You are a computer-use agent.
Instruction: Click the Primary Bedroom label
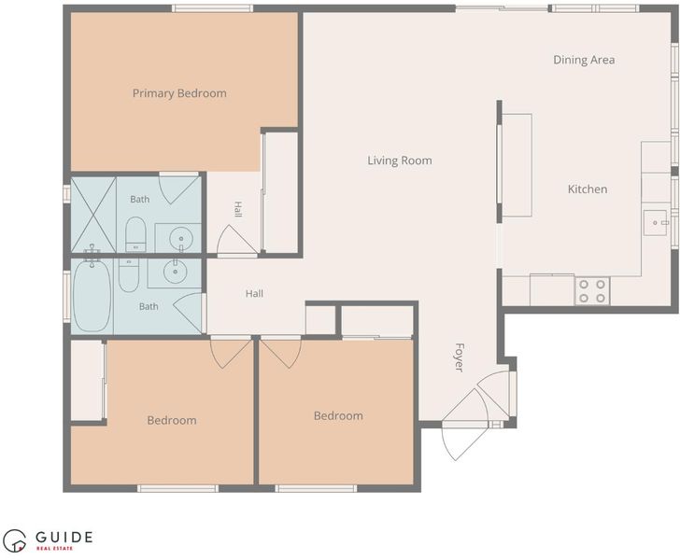179,93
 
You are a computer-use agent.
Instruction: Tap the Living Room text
400,161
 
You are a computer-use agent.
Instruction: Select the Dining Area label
584,60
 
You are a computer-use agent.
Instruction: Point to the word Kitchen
588,189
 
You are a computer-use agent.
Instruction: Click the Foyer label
460,357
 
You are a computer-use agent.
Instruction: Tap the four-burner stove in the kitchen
592,291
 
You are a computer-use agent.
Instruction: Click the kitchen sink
655,223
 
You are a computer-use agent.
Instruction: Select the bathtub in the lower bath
92,295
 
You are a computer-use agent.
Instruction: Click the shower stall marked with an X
93,214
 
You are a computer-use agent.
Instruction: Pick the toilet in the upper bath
135,234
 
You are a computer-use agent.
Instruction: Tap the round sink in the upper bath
180,238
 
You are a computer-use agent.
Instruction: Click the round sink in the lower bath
176,272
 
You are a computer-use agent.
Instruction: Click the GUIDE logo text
64,538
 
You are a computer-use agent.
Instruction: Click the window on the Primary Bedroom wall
213,8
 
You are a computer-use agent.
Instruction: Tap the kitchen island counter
517,165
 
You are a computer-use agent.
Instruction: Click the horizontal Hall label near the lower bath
254,293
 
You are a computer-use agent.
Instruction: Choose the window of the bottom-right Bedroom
316,488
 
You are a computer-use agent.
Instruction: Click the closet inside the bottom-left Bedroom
87,380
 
